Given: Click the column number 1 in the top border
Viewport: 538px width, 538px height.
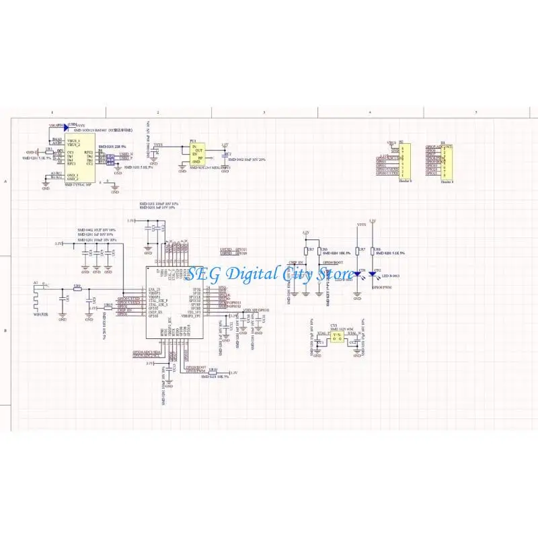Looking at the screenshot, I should click(x=52, y=112).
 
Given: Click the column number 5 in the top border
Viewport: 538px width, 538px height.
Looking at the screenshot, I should click(x=476, y=112).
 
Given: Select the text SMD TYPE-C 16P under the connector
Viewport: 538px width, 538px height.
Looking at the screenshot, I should click(x=78, y=182).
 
